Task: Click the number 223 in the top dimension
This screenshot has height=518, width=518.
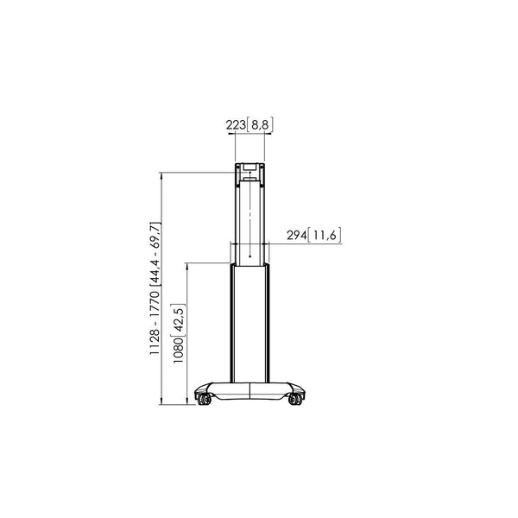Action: point(236,124)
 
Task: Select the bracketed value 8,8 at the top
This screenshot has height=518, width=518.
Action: point(260,124)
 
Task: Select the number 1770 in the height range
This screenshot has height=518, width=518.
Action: point(155,303)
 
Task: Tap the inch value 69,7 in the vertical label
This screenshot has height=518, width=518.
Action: point(155,234)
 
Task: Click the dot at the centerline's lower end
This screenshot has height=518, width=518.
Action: point(250,256)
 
